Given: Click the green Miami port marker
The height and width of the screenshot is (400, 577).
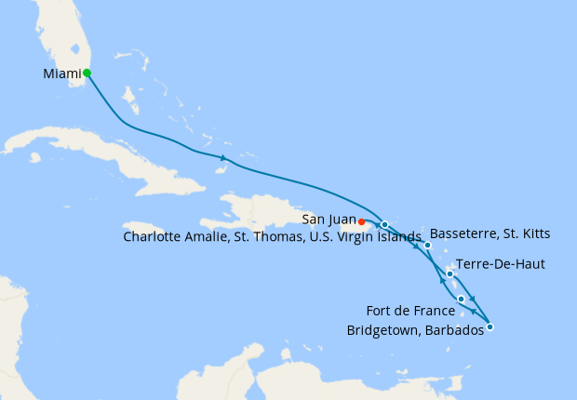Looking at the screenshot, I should coord(87,72).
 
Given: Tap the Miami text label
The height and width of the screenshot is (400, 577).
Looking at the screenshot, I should coord(61,73).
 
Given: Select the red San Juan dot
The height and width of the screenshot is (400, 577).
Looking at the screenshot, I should coord(361,221).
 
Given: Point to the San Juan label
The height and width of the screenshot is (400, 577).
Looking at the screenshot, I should coord(328,220).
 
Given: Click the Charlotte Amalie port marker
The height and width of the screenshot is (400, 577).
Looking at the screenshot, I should coord(384,224).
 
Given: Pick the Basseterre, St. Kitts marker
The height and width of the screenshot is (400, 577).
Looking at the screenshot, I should coord(427,245).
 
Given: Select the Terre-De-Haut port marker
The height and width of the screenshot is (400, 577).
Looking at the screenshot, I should coord(450,273).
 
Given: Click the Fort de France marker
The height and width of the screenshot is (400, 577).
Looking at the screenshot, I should coord(461,299).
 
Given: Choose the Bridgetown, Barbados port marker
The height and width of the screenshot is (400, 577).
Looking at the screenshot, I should coord(490,327).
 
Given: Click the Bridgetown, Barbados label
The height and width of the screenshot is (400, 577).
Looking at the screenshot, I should coord(414,330).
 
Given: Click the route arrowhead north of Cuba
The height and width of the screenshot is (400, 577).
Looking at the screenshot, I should coord(223,158).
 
